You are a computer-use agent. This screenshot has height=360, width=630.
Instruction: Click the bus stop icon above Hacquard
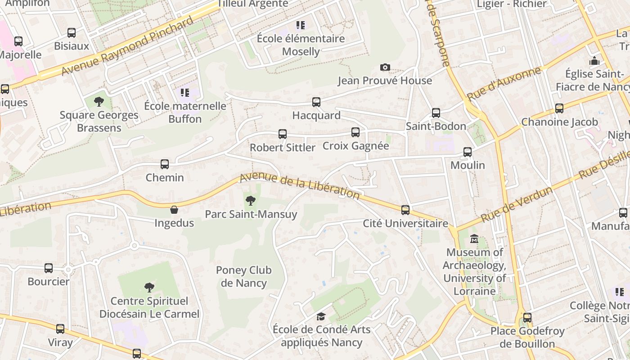tap(316, 102)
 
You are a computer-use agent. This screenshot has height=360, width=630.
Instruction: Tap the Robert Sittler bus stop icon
tap(283, 134)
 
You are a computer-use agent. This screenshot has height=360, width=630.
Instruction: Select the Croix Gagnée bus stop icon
tap(355, 132)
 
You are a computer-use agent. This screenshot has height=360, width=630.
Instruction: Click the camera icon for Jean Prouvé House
tap(385, 67)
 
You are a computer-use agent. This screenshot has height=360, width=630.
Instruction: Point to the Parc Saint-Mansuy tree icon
tap(251, 201)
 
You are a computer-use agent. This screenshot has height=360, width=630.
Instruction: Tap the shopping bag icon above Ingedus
tap(174, 210)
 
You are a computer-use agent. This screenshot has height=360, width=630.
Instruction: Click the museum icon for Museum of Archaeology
tap(474, 239)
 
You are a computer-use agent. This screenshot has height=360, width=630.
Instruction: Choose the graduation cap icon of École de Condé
tap(321, 316)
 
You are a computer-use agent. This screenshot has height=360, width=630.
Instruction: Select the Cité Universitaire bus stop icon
tap(405, 210)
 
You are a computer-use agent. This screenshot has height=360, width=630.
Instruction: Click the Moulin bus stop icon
tap(468, 152)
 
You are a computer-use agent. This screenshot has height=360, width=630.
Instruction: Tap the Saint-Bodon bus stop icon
tap(436, 113)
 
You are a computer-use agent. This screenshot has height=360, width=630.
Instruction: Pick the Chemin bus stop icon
tap(165, 164)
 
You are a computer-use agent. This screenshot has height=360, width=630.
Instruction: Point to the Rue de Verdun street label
tap(517, 204)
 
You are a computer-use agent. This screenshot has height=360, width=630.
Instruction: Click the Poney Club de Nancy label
tap(244, 277)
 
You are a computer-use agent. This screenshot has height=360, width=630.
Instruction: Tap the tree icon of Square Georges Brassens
tap(99, 102)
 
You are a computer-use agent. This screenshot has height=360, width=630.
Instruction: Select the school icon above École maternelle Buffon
tap(185, 93)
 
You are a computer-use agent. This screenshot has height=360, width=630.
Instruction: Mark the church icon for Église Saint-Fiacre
tap(594, 61)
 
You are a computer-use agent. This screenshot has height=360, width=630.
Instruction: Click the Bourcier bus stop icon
tap(49, 268)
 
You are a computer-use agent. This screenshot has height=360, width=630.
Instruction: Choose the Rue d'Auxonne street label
tap(504, 84)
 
